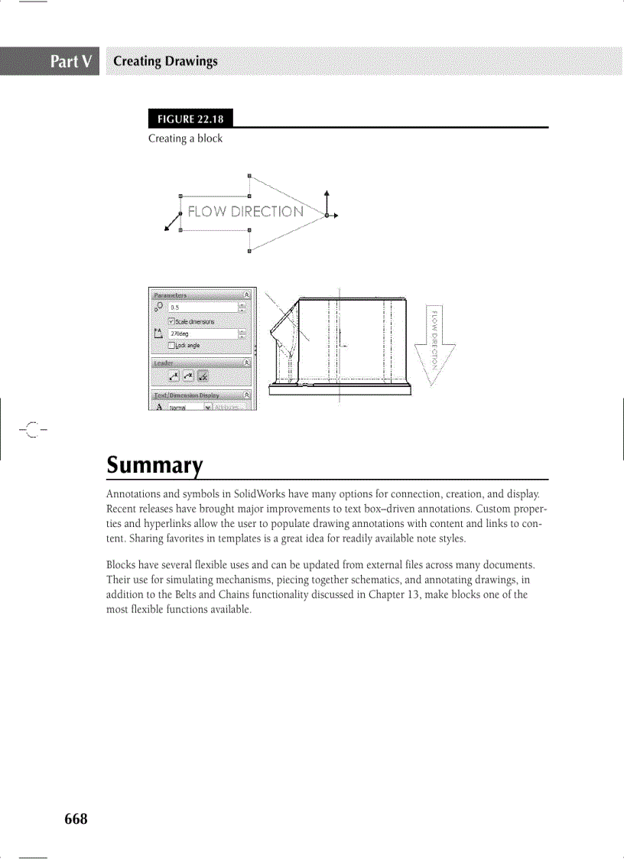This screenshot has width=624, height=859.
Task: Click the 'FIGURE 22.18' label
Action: click(x=190, y=119)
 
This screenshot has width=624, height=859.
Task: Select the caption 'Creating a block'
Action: click(x=185, y=138)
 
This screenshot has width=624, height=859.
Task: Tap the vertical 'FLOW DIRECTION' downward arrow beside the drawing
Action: click(x=434, y=340)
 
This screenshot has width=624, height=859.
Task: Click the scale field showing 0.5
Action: click(x=202, y=307)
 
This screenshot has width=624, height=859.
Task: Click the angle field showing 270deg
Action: click(x=202, y=334)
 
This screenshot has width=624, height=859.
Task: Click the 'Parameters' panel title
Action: click(x=170, y=295)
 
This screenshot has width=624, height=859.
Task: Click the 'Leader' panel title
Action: click(x=164, y=363)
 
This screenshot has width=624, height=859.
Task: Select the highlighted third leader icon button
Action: click(x=203, y=376)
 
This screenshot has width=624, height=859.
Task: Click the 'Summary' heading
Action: click(x=154, y=464)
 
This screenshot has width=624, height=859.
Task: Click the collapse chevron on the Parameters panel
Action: click(x=246, y=294)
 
